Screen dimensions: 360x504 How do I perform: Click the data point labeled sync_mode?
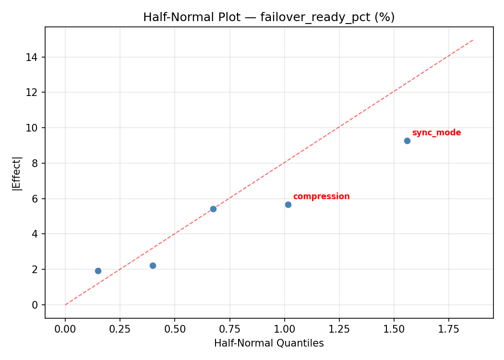click(407, 141)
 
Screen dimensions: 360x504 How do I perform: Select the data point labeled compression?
click(288, 204)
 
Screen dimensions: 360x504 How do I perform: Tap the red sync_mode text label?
click(436, 133)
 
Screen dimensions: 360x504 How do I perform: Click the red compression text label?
click(321, 197)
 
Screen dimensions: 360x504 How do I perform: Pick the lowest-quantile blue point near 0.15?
click(98, 271)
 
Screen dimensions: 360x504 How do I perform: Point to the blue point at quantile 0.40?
click(153, 265)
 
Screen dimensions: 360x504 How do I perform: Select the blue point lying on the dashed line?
click(213, 209)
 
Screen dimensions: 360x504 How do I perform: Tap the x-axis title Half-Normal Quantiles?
click(269, 344)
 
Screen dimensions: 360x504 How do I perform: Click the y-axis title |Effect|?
click(17, 173)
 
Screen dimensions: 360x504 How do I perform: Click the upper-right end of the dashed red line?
click(473, 40)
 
